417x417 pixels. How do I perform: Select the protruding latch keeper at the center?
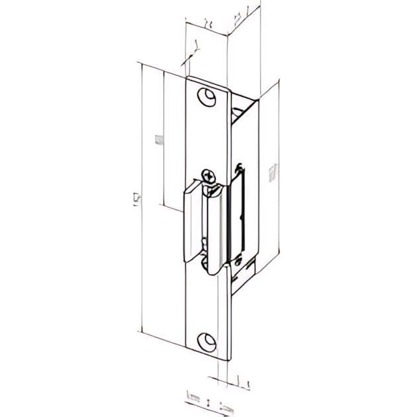(x=205, y=225)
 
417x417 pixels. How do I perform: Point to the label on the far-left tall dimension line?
(x=136, y=198)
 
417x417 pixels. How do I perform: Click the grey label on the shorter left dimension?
(x=158, y=139)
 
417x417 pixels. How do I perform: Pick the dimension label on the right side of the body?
(x=271, y=173)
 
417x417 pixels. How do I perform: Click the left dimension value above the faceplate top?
(x=208, y=22)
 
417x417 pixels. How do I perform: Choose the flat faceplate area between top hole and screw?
(x=208, y=136)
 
